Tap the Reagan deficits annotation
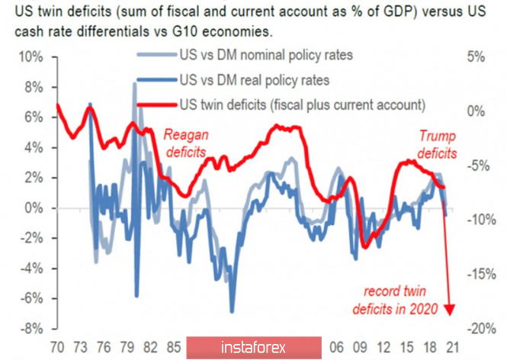[x=186, y=143]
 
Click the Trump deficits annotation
[x=438, y=144]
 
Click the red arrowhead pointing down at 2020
[x=449, y=309]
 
